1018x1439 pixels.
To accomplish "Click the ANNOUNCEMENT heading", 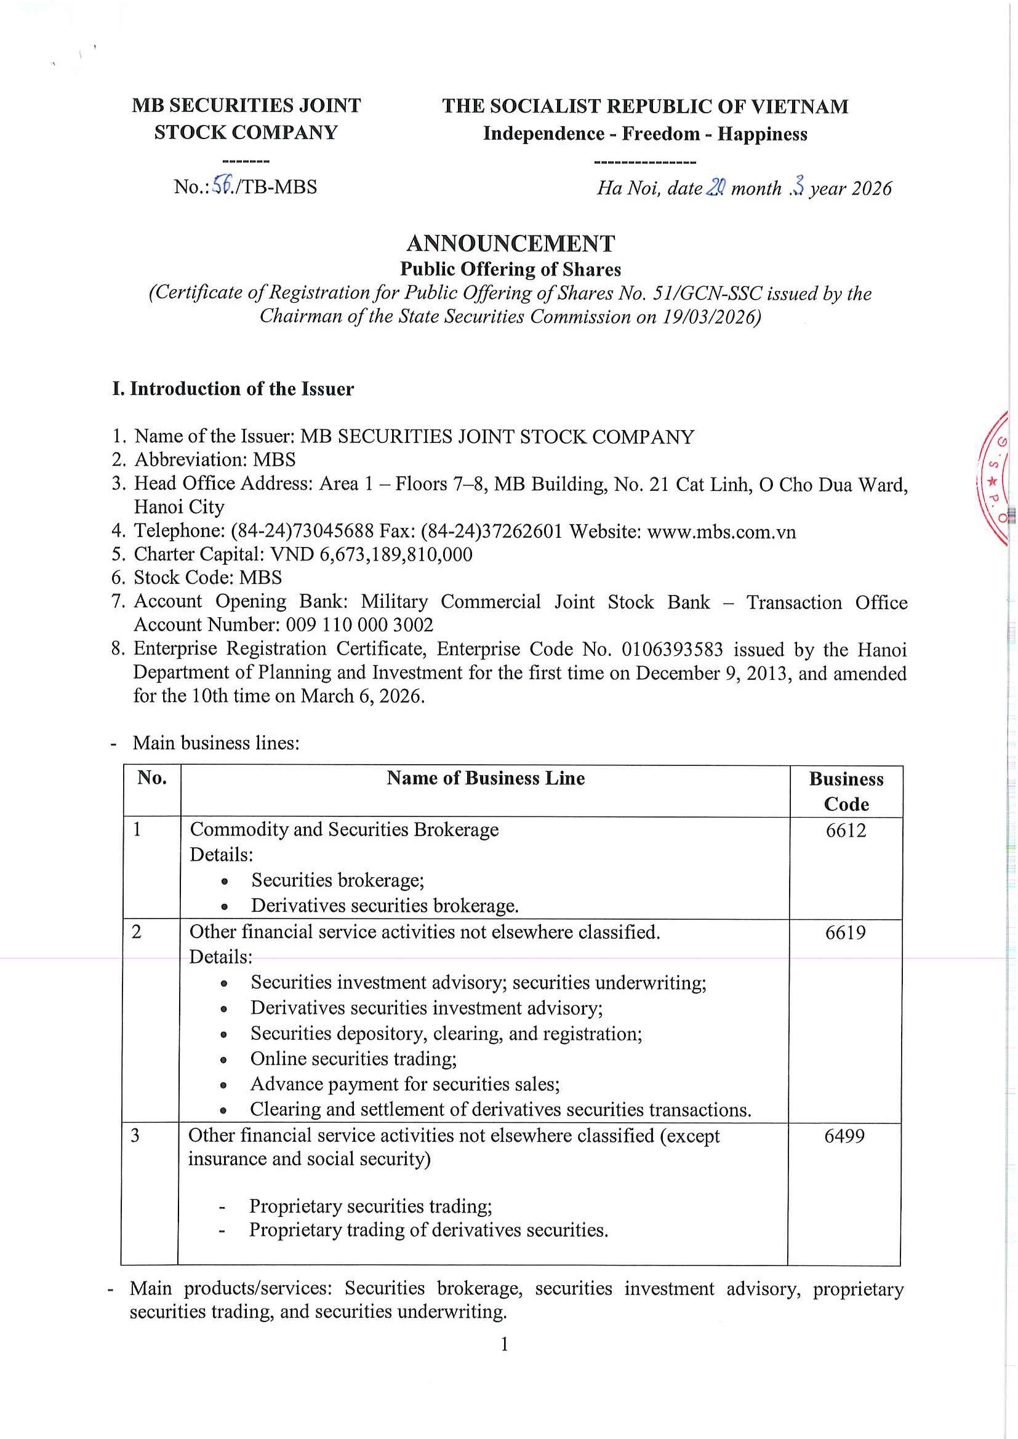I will click(511, 243).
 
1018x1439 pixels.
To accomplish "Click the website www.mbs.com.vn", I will click(721, 532).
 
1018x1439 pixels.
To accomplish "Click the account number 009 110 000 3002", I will click(359, 625).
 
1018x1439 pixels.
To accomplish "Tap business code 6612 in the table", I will click(846, 831).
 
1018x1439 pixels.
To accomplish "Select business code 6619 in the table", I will click(845, 933).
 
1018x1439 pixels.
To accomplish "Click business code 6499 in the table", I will click(844, 1136).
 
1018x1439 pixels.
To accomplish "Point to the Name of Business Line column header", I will click(485, 778).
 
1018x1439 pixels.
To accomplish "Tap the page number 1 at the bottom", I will click(505, 1345).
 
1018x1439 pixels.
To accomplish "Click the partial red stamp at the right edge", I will click(999, 476).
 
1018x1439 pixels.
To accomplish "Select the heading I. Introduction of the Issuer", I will click(233, 389).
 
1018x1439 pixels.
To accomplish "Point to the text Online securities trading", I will click(353, 1059).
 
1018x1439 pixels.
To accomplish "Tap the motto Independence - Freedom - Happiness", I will click(644, 134).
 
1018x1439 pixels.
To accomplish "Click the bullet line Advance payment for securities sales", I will click(404, 1083).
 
